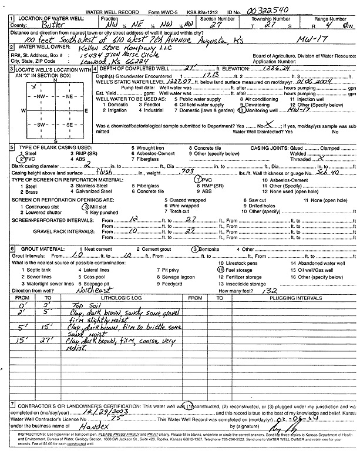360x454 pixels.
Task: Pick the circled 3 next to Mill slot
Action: pos(85,206)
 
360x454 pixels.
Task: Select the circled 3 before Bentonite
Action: pos(194,249)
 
